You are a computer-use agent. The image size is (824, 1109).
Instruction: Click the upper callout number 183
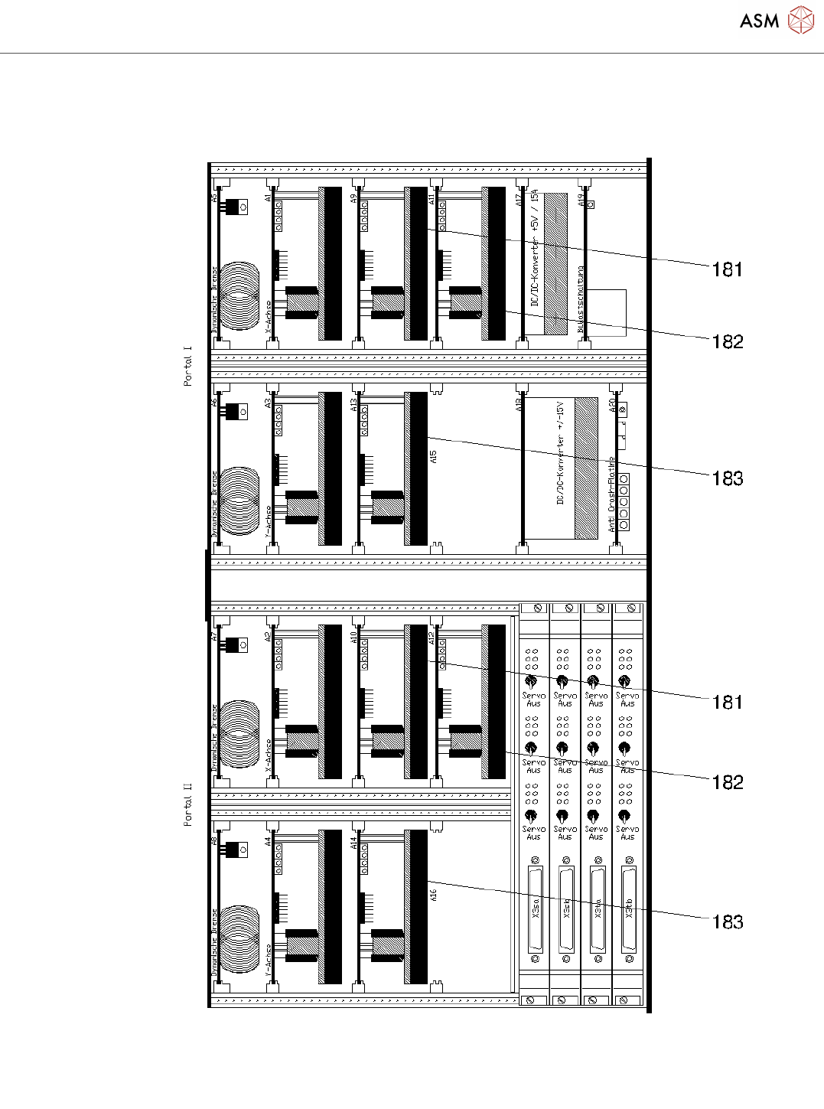[727, 479]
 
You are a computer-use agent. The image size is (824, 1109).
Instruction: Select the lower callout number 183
[727, 922]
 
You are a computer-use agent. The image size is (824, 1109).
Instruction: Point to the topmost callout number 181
[727, 269]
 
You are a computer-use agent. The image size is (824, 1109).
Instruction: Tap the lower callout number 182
[727, 782]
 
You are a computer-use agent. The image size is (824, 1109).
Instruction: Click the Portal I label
[188, 366]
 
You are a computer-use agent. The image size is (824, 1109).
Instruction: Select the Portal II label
[188, 804]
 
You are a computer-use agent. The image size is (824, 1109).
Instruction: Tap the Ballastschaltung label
[581, 299]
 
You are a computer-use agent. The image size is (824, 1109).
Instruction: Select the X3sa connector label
[534, 908]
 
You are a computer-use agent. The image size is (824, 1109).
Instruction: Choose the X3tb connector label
[629, 908]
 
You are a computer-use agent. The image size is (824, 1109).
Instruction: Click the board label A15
[434, 456]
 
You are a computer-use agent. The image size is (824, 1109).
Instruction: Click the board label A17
[519, 201]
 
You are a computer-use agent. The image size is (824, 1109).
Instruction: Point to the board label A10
[354, 636]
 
